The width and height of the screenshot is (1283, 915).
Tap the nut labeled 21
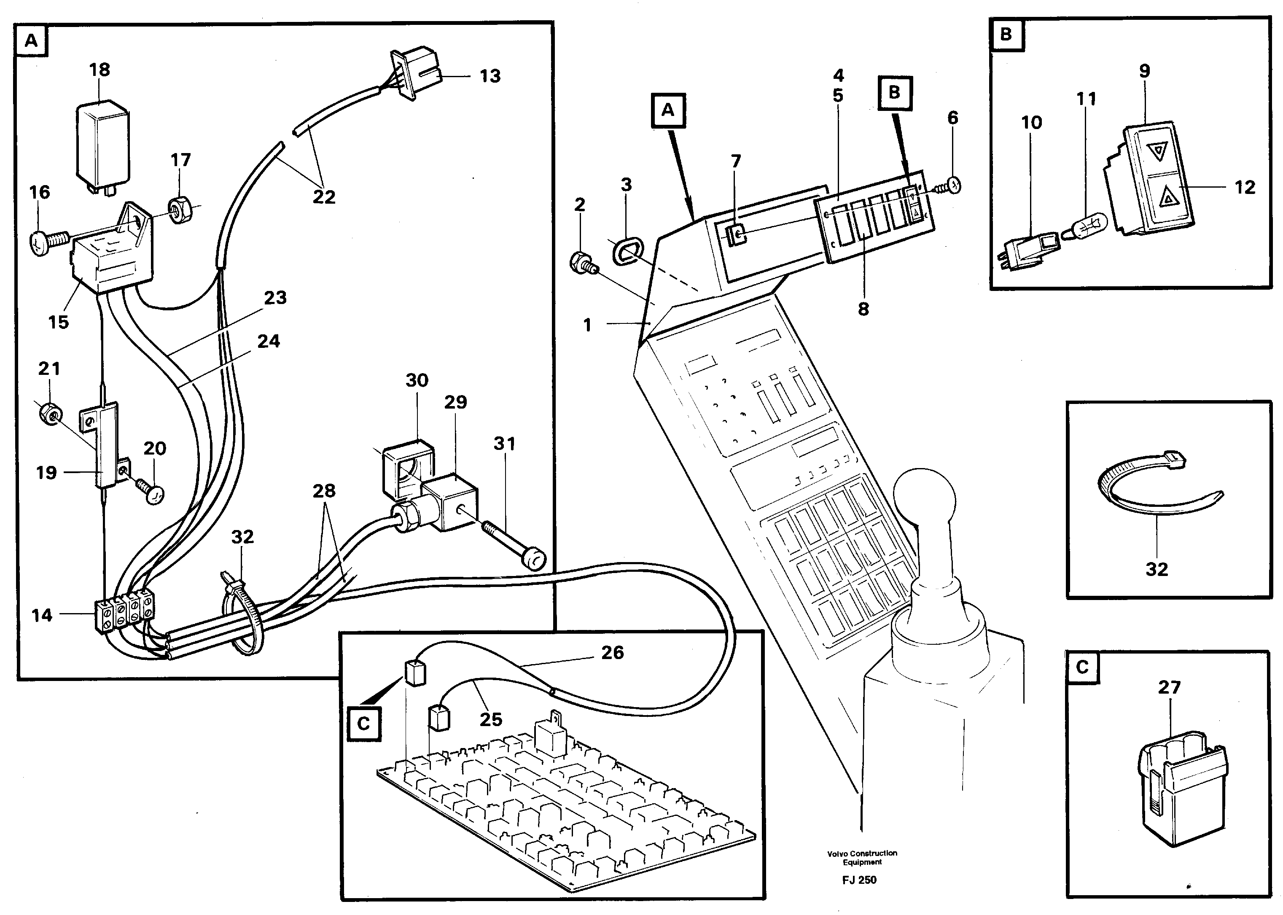click(x=50, y=414)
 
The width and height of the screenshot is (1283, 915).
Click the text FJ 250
click(x=859, y=880)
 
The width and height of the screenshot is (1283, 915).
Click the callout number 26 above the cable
click(x=612, y=652)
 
